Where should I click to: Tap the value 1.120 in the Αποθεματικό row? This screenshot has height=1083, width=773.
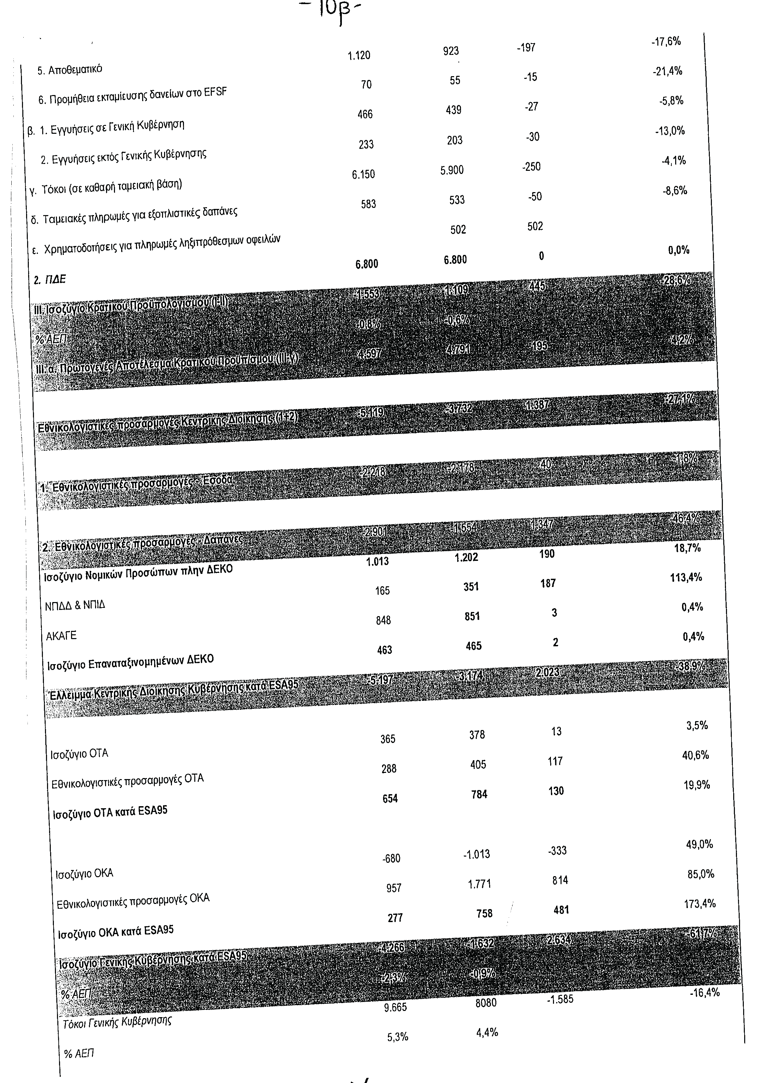click(x=359, y=56)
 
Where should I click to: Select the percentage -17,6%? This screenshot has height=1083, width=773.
click(x=666, y=42)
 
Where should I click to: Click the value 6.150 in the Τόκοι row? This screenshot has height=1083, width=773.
click(x=363, y=175)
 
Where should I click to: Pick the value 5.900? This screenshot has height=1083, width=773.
click(x=452, y=170)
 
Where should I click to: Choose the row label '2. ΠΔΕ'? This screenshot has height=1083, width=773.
click(x=49, y=280)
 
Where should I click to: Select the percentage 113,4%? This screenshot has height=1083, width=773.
click(x=686, y=577)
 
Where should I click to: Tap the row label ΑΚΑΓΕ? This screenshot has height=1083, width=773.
click(x=61, y=636)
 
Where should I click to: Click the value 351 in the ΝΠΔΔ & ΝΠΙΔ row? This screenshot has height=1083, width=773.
click(x=471, y=587)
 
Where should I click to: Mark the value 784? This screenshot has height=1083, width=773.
click(x=479, y=794)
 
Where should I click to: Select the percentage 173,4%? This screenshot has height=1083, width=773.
click(x=700, y=904)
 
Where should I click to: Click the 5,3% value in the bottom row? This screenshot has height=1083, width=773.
click(x=397, y=1037)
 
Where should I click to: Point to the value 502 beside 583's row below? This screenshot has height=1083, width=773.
click(x=458, y=230)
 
